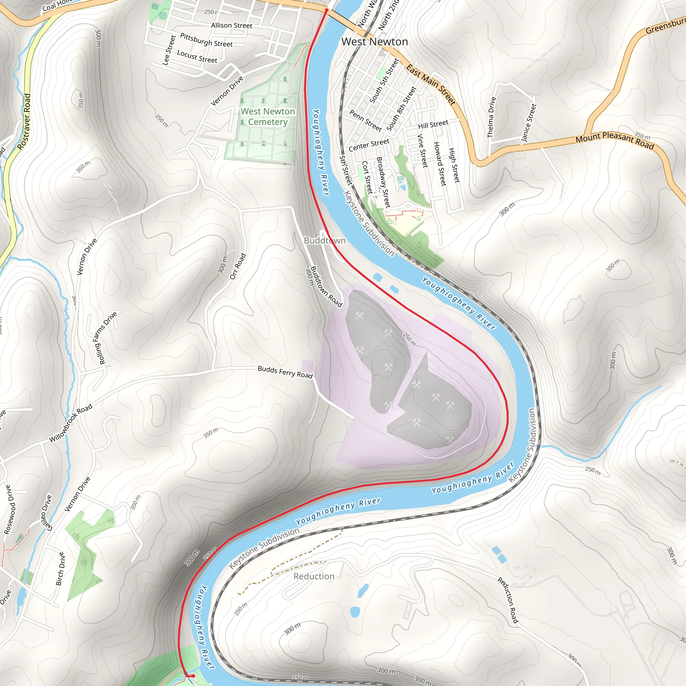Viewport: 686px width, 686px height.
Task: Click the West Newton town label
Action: click(x=374, y=42)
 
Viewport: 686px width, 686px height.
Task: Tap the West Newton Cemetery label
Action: click(x=268, y=117)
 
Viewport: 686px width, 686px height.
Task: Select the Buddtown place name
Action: click(x=325, y=241)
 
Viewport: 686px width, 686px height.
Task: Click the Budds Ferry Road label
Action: click(x=285, y=372)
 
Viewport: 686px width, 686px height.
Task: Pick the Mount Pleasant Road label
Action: click(x=615, y=140)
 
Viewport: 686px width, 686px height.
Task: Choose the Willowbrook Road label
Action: click(x=71, y=423)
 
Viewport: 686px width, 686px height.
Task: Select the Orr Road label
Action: click(x=237, y=266)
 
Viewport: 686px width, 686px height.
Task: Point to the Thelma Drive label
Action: click(x=491, y=117)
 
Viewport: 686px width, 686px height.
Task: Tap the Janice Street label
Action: click(x=528, y=123)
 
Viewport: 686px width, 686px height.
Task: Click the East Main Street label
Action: click(x=431, y=84)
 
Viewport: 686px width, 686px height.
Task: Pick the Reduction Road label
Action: click(x=508, y=600)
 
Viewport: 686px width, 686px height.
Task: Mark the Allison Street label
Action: click(x=231, y=25)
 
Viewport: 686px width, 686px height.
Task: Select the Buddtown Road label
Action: click(x=326, y=286)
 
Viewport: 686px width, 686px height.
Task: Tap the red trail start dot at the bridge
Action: click(x=326, y=11)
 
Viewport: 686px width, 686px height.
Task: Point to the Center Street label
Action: click(x=369, y=145)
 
